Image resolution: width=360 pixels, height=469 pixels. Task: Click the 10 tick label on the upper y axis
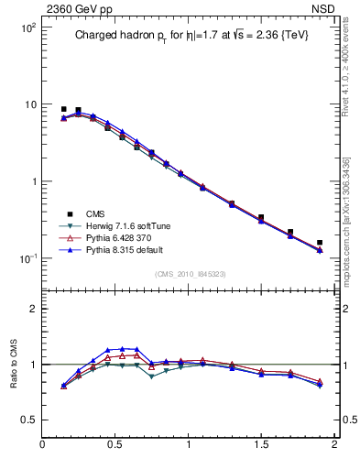(x=29, y=104)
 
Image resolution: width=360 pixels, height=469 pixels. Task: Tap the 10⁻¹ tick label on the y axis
(x=26, y=258)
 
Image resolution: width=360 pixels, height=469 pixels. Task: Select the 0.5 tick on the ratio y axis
(x=29, y=420)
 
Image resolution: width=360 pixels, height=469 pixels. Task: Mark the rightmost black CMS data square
(x=320, y=243)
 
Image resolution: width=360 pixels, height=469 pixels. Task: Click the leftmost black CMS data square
(x=63, y=109)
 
